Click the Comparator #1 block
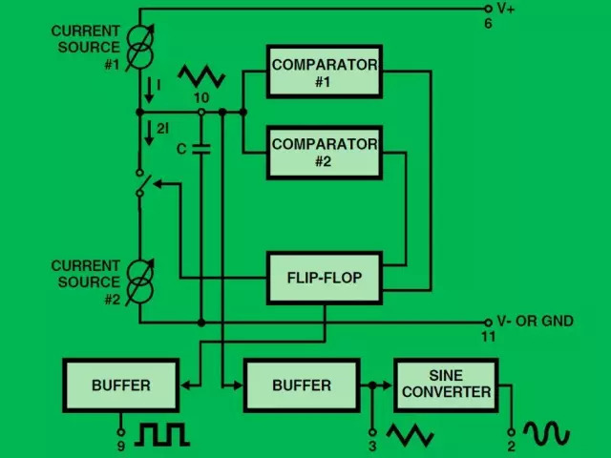[325, 72]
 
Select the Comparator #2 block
[325, 153]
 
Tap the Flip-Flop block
[325, 278]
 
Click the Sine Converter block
[446, 385]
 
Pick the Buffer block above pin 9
[121, 385]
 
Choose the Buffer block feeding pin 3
[302, 385]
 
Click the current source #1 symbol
[140, 48]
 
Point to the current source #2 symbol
[140, 282]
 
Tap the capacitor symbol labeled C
[201, 149]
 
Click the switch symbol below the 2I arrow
[142, 182]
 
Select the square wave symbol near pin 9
[162, 434]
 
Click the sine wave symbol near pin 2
[547, 432]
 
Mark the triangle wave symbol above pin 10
[201, 76]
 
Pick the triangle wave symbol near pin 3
[410, 435]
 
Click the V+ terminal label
[506, 9]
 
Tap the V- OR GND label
[535, 322]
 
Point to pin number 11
[488, 337]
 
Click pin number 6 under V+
[488, 24]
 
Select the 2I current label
[163, 129]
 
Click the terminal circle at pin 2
[512, 432]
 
